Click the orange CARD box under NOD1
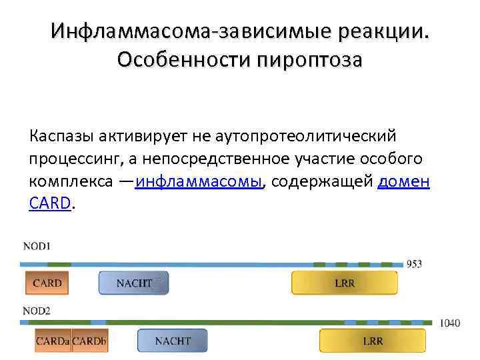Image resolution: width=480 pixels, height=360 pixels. click(47, 283)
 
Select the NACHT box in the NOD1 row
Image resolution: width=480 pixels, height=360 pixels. click(133, 283)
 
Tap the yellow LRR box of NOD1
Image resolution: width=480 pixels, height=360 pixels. click(344, 283)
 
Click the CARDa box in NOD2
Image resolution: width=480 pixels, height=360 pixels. click(53, 341)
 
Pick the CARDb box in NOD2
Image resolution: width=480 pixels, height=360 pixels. click(90, 341)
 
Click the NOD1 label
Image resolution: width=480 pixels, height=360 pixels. click(37, 246)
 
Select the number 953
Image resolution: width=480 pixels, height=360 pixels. click(414, 264)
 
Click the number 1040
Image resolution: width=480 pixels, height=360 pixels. click(449, 323)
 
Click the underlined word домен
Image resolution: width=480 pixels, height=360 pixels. click(404, 183)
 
